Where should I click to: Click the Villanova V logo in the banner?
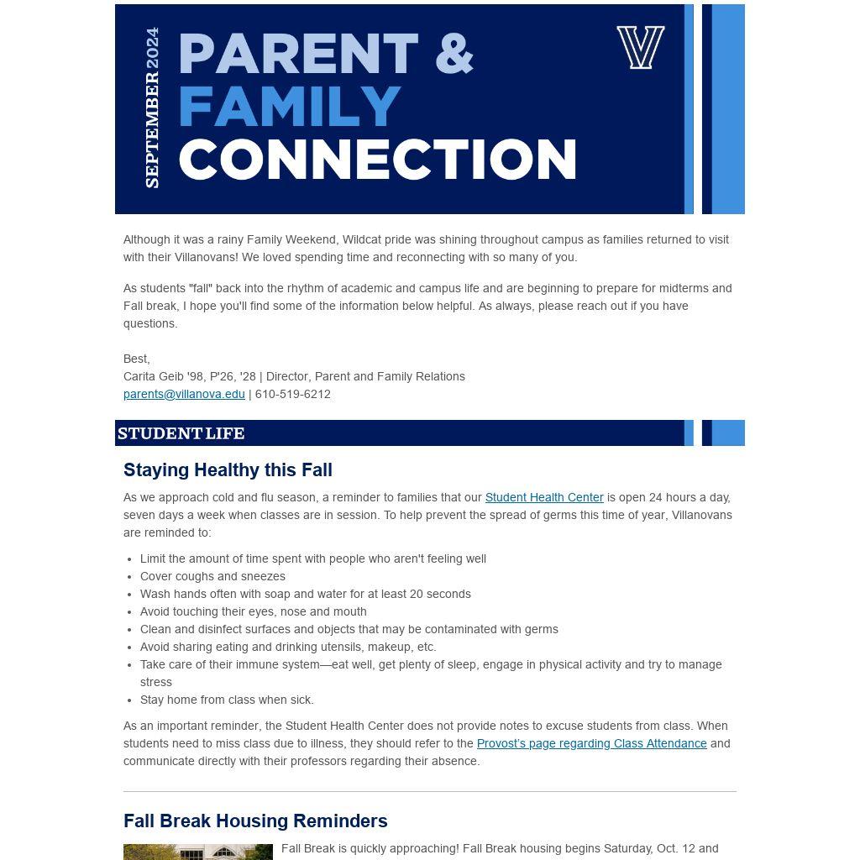point(641,47)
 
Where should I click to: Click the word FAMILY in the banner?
point(290,107)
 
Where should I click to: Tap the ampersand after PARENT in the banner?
point(454,54)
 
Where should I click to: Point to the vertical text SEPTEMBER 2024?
point(152,107)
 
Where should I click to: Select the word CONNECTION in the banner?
point(378,160)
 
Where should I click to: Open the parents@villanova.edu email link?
point(184,394)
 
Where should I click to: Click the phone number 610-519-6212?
point(292,394)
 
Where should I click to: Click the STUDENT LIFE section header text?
point(181,433)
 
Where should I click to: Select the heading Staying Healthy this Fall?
point(228,470)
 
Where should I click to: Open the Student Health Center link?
point(544,497)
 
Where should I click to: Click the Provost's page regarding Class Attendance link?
point(591,743)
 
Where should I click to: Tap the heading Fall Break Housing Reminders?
point(255,821)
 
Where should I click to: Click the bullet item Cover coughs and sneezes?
point(212,576)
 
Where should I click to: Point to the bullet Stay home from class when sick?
point(227,700)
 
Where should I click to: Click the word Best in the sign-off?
point(135,359)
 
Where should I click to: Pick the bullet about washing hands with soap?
point(305,594)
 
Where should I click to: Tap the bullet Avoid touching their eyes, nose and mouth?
point(253,611)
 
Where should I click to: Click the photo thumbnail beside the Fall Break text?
point(198,852)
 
